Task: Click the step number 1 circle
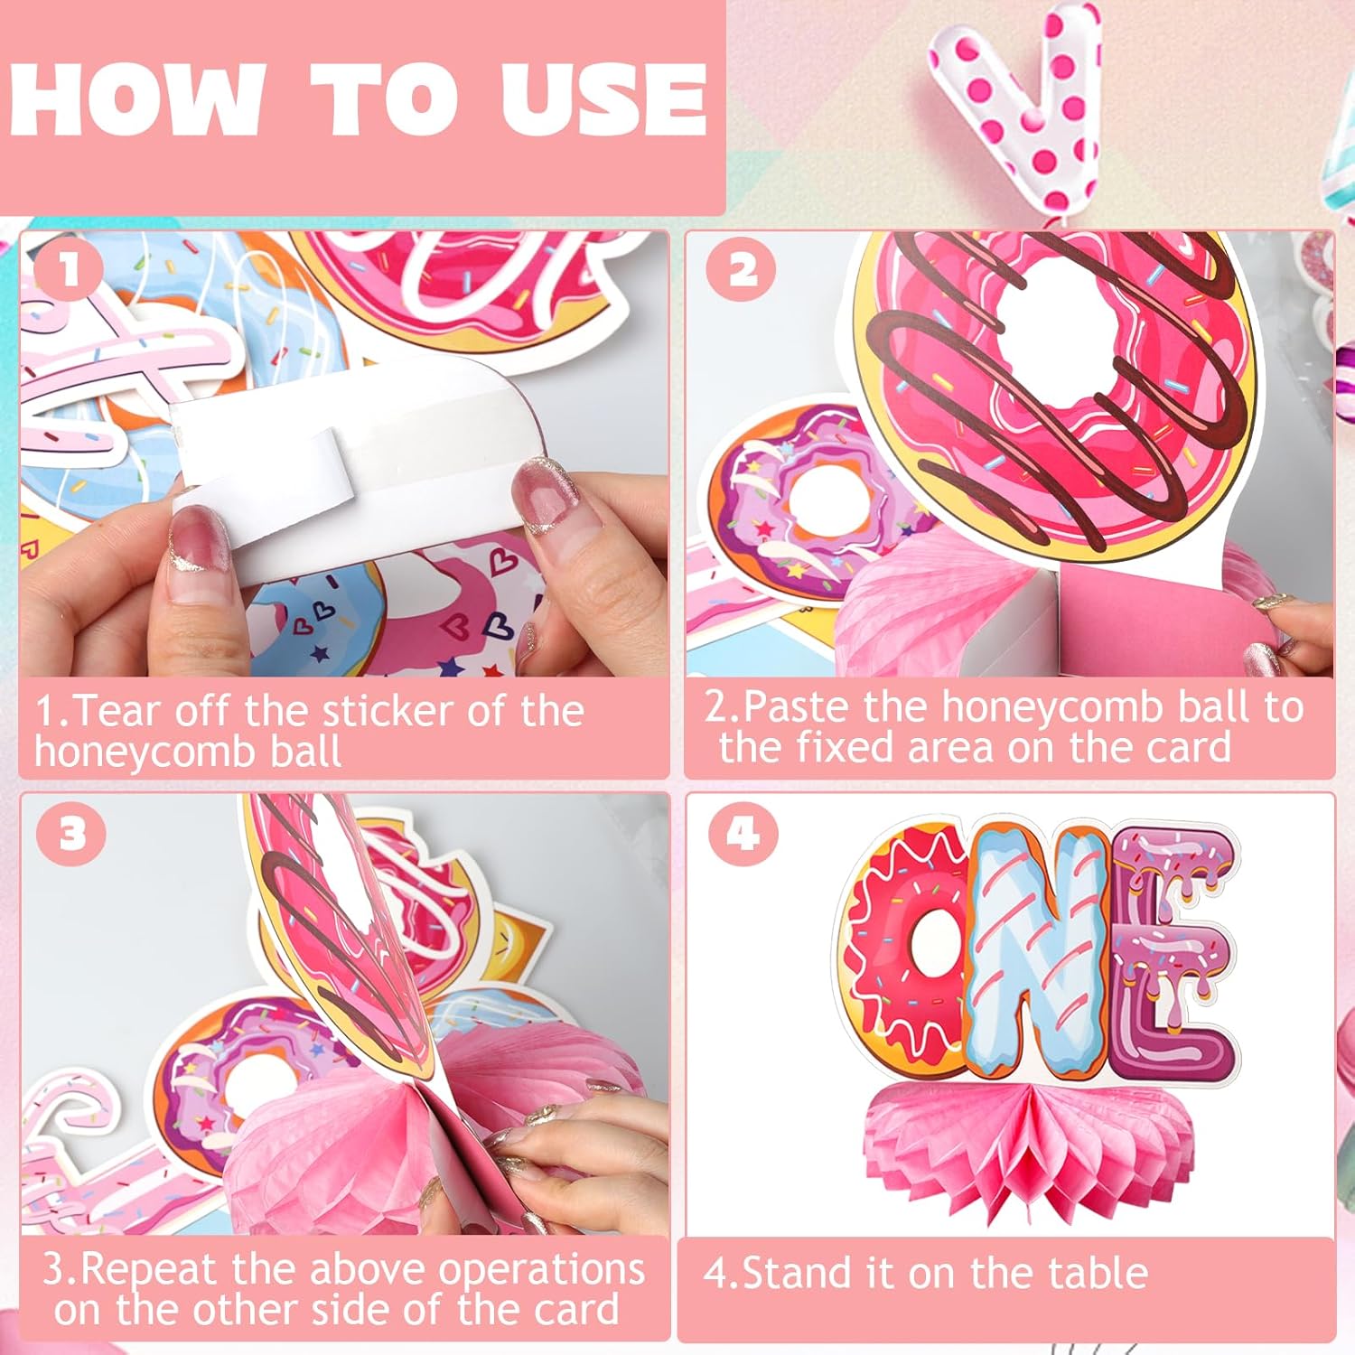pyautogui.click(x=70, y=268)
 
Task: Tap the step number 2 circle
pyautogui.click(x=742, y=269)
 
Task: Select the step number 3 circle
pyautogui.click(x=71, y=832)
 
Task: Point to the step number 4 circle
pyautogui.click(x=743, y=832)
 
